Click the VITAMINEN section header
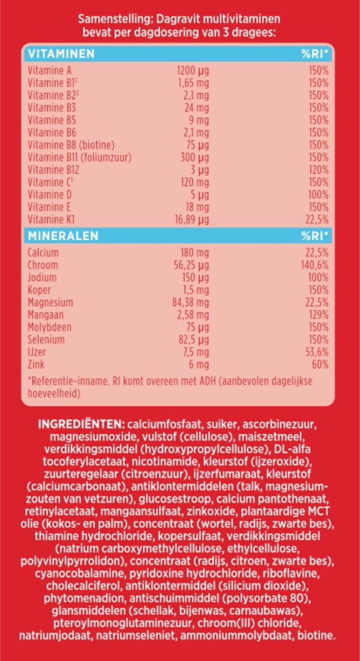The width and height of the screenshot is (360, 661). click(61, 54)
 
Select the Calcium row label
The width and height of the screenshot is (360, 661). click(43, 253)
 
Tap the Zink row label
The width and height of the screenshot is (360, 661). click(37, 364)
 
